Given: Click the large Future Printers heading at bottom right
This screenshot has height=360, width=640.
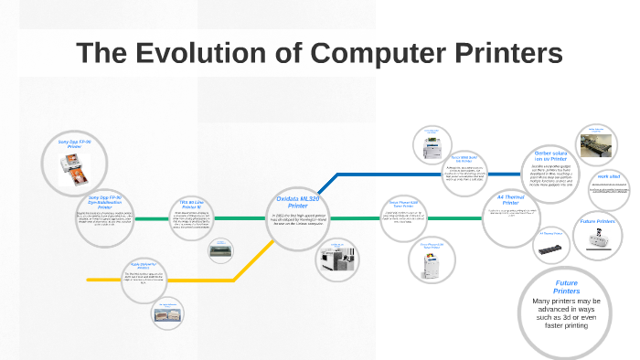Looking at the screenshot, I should [x=567, y=287].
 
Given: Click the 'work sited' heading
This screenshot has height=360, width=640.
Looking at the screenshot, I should [x=609, y=176].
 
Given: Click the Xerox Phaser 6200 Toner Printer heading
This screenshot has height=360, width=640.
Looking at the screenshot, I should [x=403, y=205].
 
